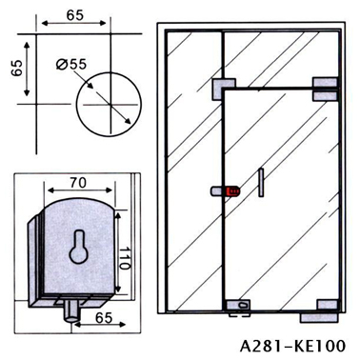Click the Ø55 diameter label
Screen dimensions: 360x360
coord(71,65)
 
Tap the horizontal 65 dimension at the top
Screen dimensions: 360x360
coord(75,15)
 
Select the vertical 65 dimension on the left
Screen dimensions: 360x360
coord(17,68)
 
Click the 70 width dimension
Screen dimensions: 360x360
coord(78,183)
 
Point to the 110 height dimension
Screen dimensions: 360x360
coord(125,257)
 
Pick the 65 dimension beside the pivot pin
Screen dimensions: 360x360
coord(104,318)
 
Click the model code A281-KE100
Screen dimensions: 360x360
coord(292,346)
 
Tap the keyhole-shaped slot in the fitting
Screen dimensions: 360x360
coord(78,247)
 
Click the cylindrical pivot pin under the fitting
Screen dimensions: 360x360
coord(71,311)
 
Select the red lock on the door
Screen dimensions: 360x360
coord(232,191)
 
